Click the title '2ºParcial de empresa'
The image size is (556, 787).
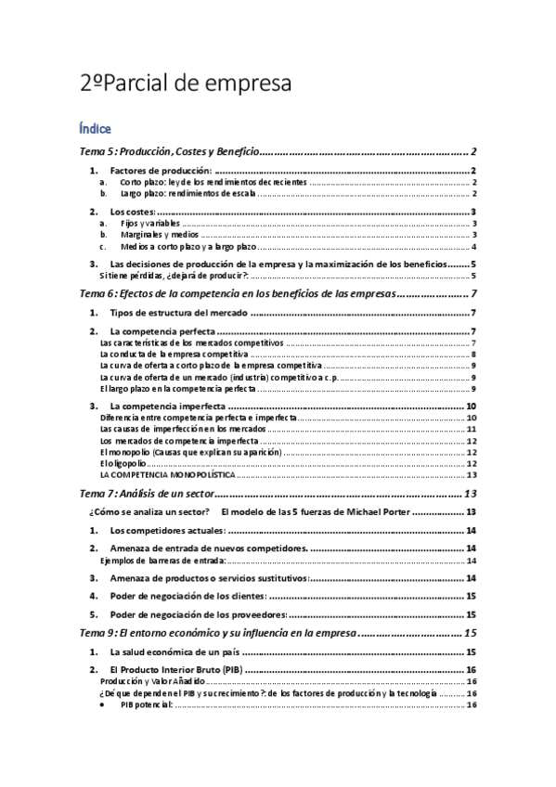(186, 83)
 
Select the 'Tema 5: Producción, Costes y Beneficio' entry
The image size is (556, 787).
(168, 152)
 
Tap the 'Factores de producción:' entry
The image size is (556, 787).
(161, 172)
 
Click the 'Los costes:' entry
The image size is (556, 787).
(134, 213)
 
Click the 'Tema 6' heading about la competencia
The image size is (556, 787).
(239, 294)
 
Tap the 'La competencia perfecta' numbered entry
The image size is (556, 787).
(162, 331)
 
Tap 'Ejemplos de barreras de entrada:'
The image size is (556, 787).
(162, 561)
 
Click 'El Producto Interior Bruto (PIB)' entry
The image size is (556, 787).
(176, 670)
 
